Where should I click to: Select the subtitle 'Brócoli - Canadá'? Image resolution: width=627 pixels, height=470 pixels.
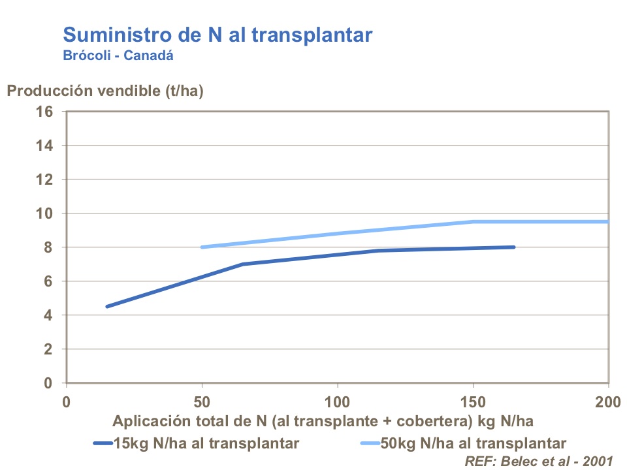point(118,55)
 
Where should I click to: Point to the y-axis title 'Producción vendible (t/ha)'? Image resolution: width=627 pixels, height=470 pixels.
point(105,91)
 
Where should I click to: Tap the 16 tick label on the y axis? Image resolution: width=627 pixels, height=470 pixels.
point(44,111)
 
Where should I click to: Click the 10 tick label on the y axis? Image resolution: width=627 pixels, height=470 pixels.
point(44,213)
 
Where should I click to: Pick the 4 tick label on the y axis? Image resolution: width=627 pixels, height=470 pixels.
point(48,315)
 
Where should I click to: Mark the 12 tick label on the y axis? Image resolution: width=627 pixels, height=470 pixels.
point(44,180)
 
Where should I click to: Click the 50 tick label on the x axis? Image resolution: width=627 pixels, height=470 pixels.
point(202,400)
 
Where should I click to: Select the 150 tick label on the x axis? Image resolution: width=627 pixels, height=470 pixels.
point(473,400)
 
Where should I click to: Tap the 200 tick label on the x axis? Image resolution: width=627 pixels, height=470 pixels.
point(608,400)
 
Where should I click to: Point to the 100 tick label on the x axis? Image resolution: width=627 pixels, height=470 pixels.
point(338,400)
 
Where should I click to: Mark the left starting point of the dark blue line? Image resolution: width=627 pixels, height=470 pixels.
point(107,306)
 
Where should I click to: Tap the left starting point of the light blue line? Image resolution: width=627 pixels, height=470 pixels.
point(202,247)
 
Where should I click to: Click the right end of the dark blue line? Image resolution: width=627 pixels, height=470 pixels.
point(514,247)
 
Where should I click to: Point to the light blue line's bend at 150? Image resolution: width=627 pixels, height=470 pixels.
point(474,221)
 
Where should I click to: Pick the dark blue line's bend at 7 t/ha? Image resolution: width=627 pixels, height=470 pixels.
point(242,264)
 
